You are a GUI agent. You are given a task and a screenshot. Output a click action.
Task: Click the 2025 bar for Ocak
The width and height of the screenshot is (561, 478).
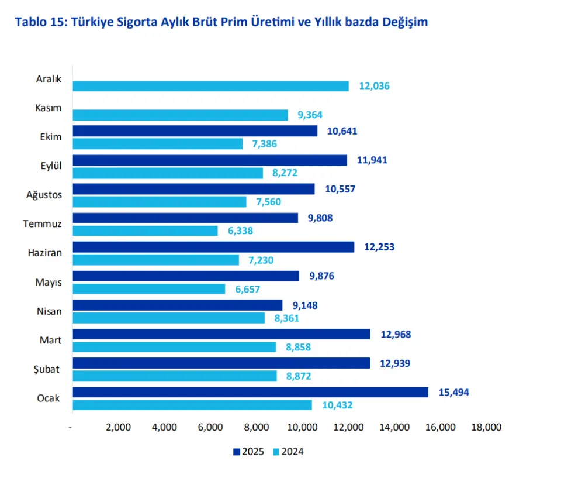[250, 392]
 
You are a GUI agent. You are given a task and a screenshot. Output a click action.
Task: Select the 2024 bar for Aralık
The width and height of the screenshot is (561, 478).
[210, 86]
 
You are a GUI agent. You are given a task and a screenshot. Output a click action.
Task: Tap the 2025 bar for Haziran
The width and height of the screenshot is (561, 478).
[213, 247]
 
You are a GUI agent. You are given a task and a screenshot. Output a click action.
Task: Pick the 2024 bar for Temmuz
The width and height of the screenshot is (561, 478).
[145, 231]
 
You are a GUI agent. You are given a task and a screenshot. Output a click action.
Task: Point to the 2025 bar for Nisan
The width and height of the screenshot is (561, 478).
[177, 305]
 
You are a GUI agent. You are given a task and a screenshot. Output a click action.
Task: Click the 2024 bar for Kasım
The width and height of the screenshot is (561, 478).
[180, 115]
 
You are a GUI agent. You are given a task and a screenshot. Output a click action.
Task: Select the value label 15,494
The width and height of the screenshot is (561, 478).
[453, 392]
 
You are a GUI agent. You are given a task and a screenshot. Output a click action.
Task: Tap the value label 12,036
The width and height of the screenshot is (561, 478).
[374, 86]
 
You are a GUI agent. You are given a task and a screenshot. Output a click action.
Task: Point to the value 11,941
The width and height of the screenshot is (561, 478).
[372, 160]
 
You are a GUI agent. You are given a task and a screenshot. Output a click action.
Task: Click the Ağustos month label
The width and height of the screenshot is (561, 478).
[45, 195]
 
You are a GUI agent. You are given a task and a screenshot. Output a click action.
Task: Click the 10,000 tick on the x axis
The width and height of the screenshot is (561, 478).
[302, 427]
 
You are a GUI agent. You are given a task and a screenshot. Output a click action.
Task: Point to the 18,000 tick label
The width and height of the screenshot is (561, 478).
[486, 427]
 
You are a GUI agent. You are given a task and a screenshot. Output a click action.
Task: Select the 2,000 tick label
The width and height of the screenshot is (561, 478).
[118, 427]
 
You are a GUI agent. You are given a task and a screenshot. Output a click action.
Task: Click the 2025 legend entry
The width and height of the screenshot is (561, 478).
[248, 452]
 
